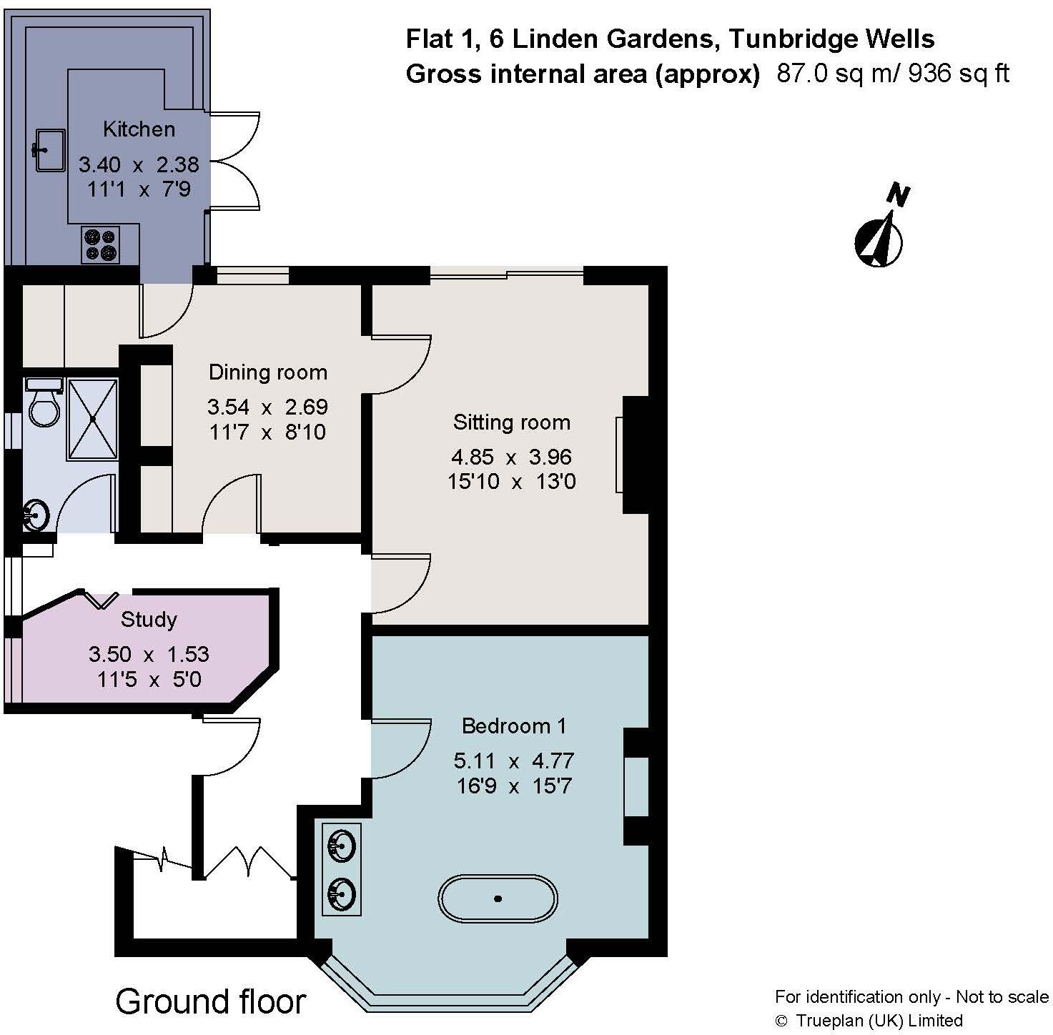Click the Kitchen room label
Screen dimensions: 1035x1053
point(139,129)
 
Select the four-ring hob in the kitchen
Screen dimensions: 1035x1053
point(100,244)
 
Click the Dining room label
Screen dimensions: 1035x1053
point(267,372)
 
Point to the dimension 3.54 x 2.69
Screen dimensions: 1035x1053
point(267,407)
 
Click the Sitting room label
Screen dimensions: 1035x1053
point(512,422)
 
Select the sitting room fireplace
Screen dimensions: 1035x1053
point(634,455)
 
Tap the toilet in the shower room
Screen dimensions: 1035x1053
point(44,405)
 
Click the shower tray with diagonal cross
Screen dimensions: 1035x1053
point(92,419)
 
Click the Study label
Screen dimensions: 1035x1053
point(149,619)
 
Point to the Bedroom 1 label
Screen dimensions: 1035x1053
point(514,726)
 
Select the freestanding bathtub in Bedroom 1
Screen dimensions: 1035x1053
point(498,898)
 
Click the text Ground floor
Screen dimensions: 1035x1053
point(211,1001)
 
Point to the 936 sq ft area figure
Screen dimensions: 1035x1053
point(958,74)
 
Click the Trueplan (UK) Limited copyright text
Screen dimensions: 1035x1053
point(879,1020)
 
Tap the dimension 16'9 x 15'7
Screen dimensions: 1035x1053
point(514,786)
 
